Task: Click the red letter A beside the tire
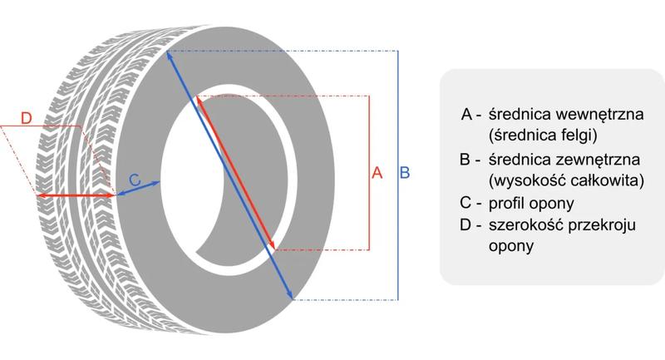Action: click(377, 173)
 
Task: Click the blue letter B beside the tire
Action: click(405, 173)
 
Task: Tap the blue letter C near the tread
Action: click(135, 179)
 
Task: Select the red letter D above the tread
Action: click(25, 119)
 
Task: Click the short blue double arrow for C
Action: click(137, 188)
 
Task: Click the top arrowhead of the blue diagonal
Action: click(170, 56)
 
